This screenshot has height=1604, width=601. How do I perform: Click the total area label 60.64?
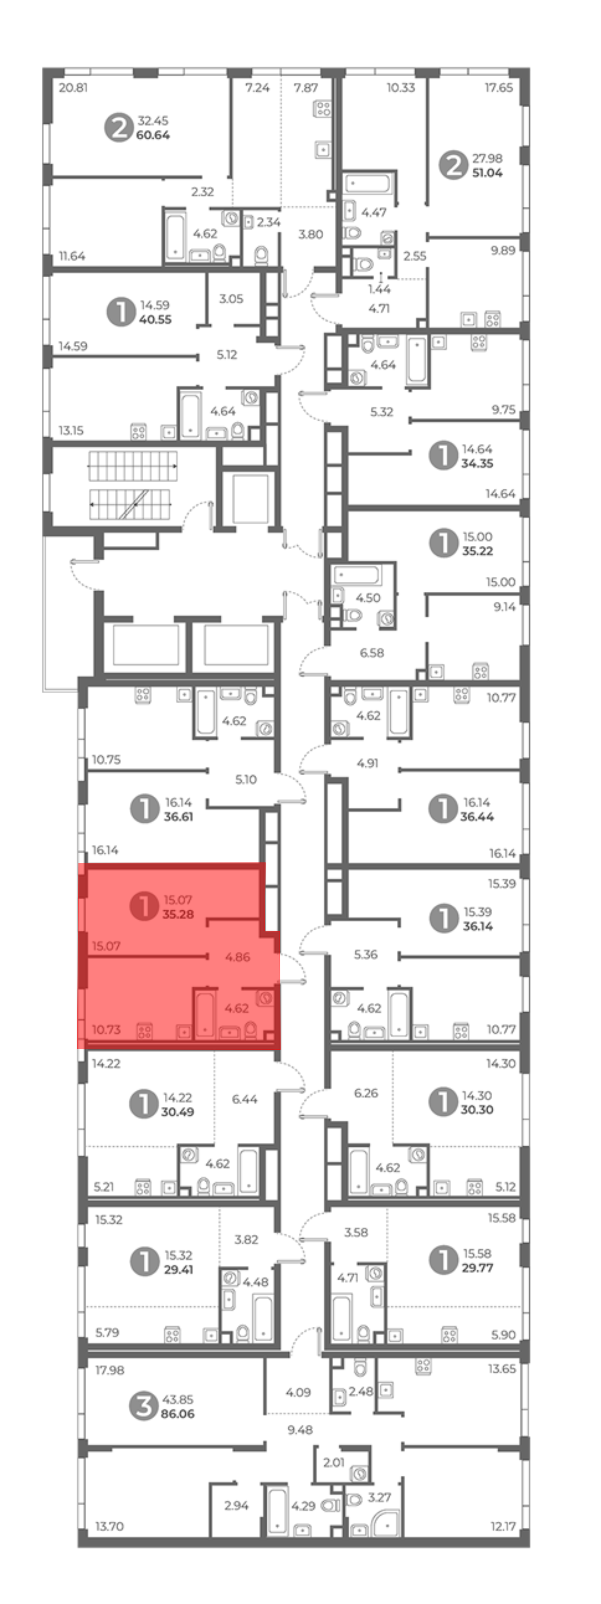pos(153,135)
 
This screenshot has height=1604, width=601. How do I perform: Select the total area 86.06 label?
pos(178,1413)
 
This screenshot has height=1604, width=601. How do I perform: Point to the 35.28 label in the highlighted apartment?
pos(178,914)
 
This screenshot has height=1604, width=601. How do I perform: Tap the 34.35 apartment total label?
pos(477,463)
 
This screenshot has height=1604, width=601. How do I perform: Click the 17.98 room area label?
pos(110,1370)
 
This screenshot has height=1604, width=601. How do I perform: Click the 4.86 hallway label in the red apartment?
pos(237,957)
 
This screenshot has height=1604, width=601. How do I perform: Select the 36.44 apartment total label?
pos(477,816)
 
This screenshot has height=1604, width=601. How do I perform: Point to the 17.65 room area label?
pos(499,88)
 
